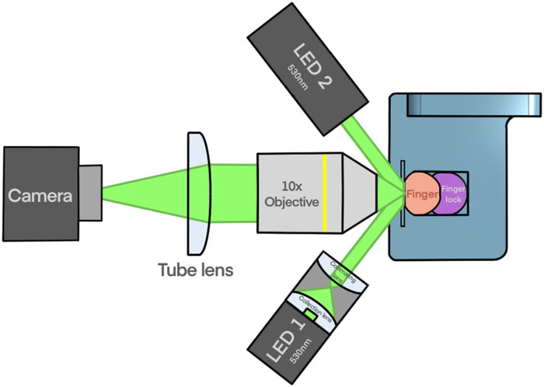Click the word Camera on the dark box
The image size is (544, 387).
[40, 195]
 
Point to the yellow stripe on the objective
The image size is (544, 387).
[326, 191]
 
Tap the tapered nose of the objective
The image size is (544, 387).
[359, 191]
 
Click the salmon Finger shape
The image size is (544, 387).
[422, 190]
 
